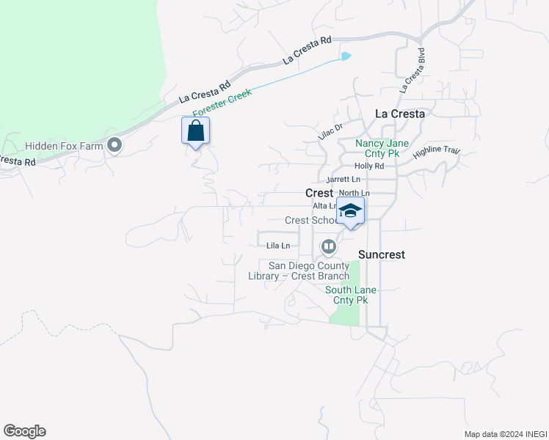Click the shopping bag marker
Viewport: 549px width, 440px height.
coord(195,132)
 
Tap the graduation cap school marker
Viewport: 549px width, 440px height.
coord(351,210)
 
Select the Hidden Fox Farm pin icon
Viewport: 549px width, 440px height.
coord(114,146)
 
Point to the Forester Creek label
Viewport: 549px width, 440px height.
coord(222,103)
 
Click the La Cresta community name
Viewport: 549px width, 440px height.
coord(399,114)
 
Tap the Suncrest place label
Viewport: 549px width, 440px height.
coord(382,254)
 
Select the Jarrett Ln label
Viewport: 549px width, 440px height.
coord(343,179)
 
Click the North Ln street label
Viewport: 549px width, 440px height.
coord(355,193)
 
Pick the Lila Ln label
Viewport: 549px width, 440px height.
coord(278,245)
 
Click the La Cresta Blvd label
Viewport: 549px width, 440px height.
coord(412,70)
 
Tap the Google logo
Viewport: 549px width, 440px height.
coord(24,431)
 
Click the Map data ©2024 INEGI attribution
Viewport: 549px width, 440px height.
coord(505,434)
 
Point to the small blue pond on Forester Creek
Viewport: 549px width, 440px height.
coord(345,56)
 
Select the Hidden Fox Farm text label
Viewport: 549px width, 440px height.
coord(64,147)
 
